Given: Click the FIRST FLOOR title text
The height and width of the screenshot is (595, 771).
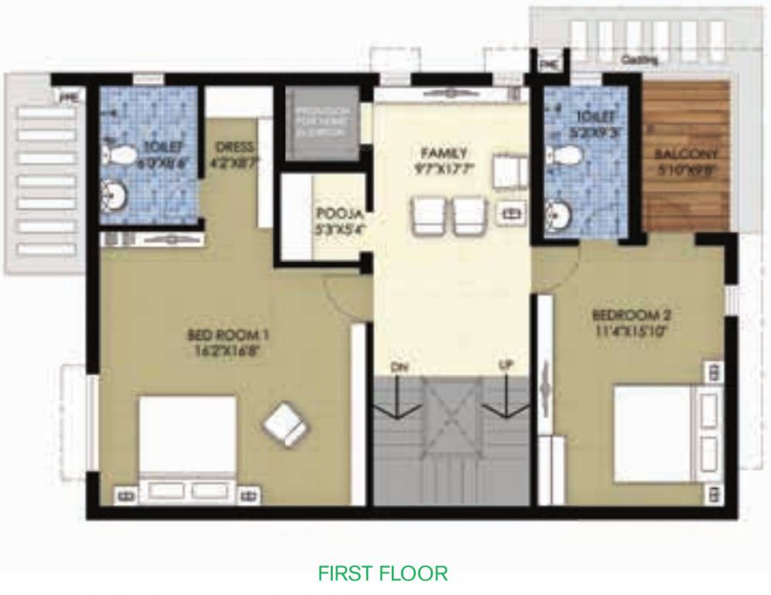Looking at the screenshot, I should click(x=382, y=574).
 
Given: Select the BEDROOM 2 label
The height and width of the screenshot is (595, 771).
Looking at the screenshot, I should click(x=631, y=315).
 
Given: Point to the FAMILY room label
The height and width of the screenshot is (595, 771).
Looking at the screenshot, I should click(x=444, y=152).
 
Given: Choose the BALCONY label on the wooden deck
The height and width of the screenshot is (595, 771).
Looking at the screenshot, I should click(x=686, y=153).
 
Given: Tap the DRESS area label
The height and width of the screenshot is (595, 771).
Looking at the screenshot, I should click(x=235, y=147).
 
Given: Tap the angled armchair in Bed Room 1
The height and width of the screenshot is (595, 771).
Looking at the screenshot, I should click(x=285, y=423).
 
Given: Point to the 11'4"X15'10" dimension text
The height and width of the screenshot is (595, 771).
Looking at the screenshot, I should click(x=631, y=331).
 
